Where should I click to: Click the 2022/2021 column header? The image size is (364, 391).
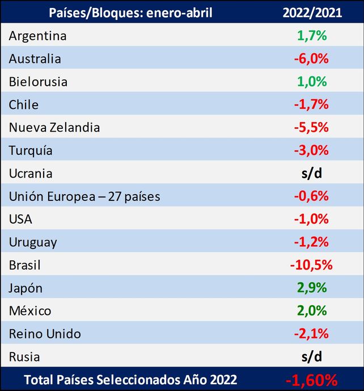[x=312, y=12]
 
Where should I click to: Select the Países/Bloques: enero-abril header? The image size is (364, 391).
[x=131, y=12]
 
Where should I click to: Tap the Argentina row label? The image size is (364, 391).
[x=37, y=36]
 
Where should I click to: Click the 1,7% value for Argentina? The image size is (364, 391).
[x=312, y=36]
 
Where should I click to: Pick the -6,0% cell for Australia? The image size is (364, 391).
[x=312, y=58]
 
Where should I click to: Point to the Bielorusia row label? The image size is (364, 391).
[x=38, y=82]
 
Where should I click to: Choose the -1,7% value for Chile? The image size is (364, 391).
[x=312, y=104]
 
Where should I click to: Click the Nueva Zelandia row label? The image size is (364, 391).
[x=54, y=128]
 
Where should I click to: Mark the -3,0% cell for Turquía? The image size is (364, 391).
[x=312, y=150]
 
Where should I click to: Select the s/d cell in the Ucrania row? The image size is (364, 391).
[x=312, y=173]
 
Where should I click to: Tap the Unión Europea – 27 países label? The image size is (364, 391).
[x=84, y=196]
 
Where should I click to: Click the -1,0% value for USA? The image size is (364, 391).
[x=312, y=219]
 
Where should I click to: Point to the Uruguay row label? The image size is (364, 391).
[x=33, y=242]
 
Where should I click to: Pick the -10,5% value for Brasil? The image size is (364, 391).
[x=312, y=265]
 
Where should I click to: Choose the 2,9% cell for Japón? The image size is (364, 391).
[x=312, y=288]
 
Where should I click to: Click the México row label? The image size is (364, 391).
[x=30, y=311]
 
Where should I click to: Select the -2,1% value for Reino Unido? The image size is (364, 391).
[x=312, y=334]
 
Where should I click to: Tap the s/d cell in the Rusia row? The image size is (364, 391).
[x=312, y=357]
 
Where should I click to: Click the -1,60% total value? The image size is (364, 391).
[x=312, y=380]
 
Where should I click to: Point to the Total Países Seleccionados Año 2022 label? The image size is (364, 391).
[x=130, y=380]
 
